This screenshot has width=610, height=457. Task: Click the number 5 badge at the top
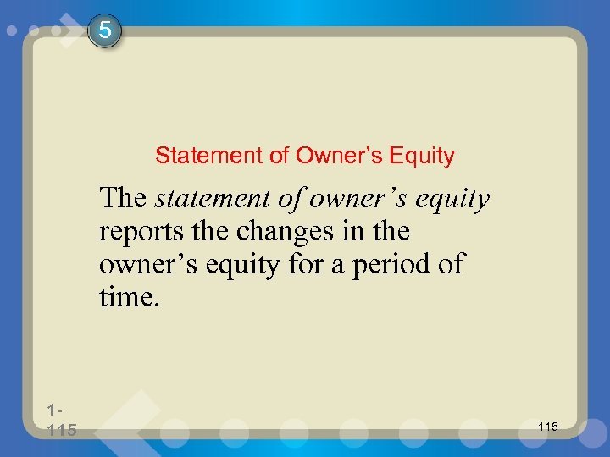[104, 31]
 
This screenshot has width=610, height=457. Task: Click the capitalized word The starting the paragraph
[123, 199]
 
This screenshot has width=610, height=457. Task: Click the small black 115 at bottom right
[548, 427]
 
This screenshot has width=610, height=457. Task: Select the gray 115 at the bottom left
[62, 431]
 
